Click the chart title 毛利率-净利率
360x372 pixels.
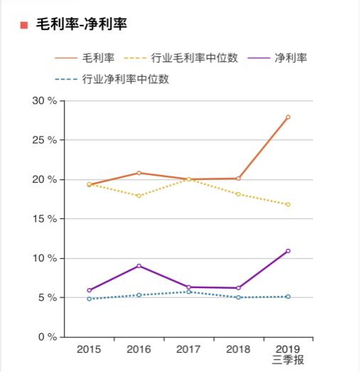click(x=81, y=25)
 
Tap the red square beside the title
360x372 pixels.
click(x=23, y=26)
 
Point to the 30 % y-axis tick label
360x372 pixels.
click(x=44, y=100)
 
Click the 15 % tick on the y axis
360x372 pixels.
click(x=44, y=218)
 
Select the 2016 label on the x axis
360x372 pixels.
click(x=139, y=349)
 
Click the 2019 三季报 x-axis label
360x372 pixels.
click(x=288, y=354)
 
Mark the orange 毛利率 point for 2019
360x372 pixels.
click(x=288, y=117)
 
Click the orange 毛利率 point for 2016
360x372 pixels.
click(x=139, y=173)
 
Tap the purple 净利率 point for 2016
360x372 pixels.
click(x=139, y=266)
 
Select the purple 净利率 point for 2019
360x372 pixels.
click(x=288, y=251)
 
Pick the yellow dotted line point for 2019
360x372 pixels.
click(x=288, y=204)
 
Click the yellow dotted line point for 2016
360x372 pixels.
click(x=139, y=196)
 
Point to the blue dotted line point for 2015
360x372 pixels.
click(x=89, y=299)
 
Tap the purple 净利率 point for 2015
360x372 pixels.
click(x=89, y=290)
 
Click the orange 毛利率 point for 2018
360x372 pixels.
click(x=238, y=179)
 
